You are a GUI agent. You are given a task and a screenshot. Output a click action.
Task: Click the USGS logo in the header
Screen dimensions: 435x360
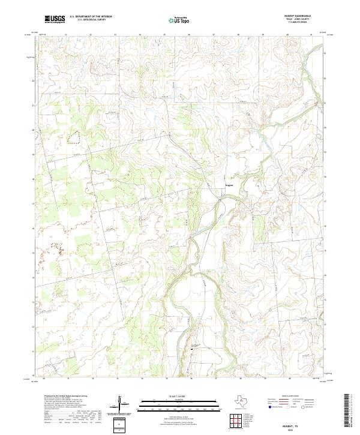click(x=55, y=20)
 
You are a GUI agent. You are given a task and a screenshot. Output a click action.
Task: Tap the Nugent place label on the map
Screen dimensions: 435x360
click(x=229, y=185)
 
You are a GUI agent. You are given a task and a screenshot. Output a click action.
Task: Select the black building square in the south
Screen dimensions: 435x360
click(x=193, y=347)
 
